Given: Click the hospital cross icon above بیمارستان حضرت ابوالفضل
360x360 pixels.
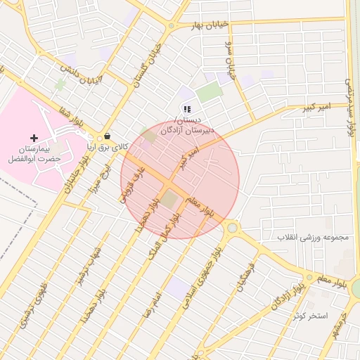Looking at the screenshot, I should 34,137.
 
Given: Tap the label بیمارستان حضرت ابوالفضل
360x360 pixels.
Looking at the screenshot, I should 34,155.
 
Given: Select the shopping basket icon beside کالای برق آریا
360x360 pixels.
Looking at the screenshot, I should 107,136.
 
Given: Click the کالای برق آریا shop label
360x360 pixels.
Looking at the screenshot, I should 108,147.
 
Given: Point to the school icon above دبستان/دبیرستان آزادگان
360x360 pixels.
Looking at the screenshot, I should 186,108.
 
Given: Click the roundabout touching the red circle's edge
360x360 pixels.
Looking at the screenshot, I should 231,227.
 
